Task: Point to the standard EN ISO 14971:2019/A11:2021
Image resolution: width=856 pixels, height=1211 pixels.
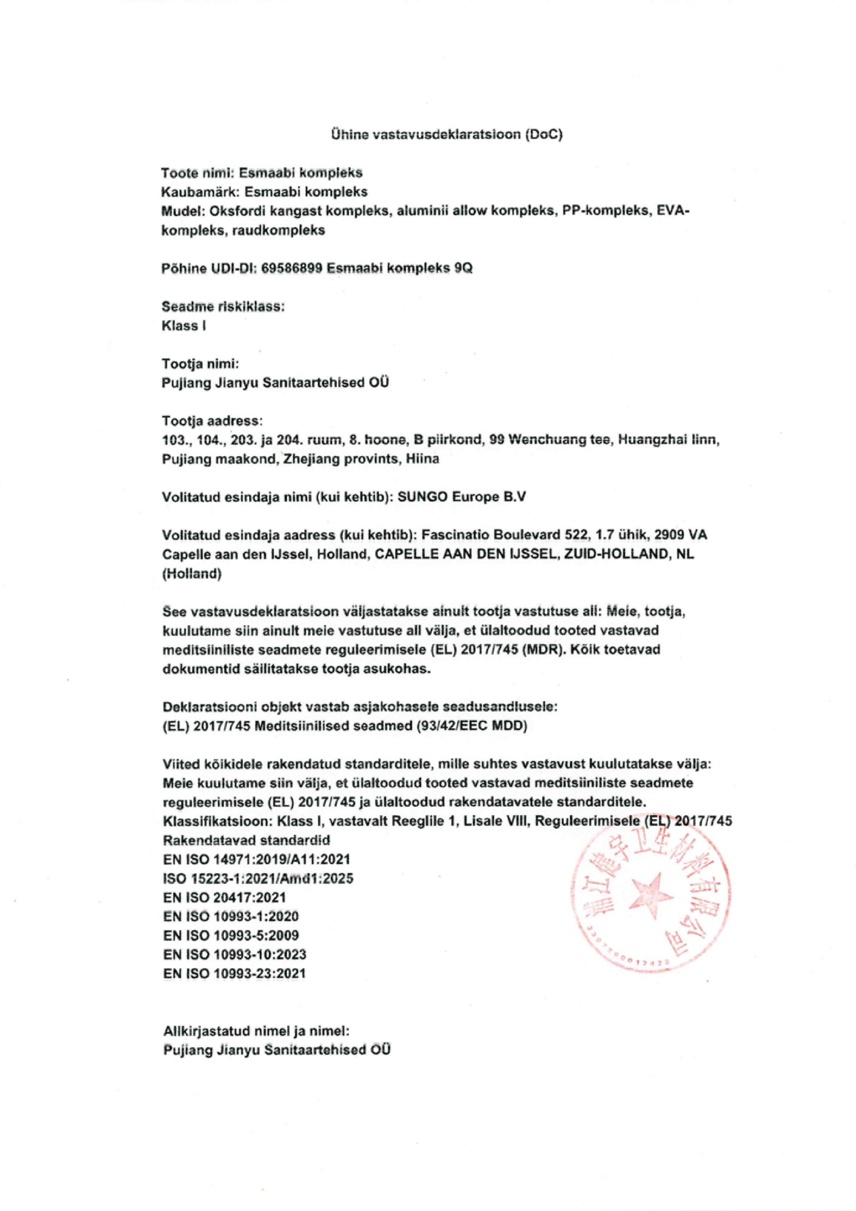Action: point(257,859)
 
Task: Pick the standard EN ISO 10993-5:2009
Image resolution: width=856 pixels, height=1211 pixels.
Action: point(231,935)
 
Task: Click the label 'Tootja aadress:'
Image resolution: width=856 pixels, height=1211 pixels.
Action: point(211,421)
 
